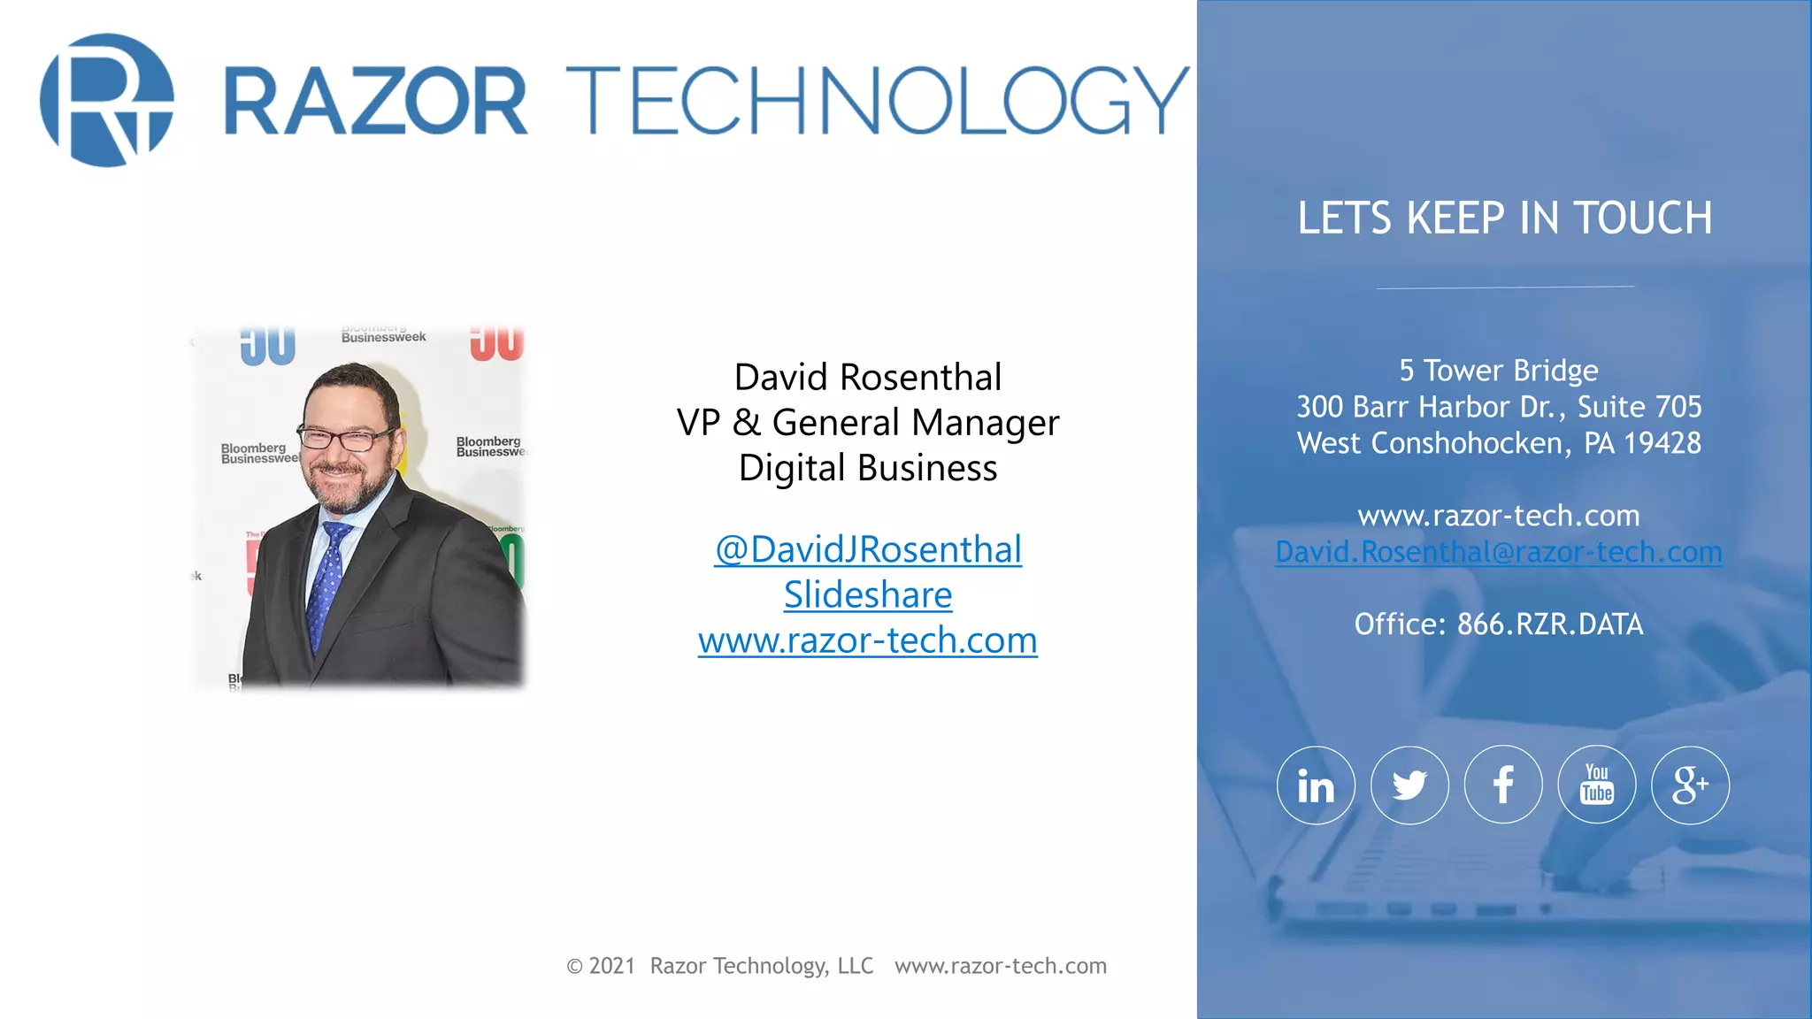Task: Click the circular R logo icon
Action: click(107, 100)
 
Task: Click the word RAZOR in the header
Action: click(376, 101)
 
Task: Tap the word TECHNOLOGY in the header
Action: click(876, 101)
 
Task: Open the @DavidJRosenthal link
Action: click(868, 549)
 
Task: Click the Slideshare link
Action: click(868, 595)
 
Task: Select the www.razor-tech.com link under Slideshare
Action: click(868, 640)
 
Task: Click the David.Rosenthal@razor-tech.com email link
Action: click(1498, 552)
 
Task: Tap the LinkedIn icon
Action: click(1316, 785)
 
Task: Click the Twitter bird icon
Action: click(1409, 785)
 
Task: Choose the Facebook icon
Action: click(1503, 785)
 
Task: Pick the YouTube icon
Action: click(1597, 785)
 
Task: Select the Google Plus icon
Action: click(1690, 785)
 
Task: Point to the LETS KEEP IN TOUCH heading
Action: click(1504, 218)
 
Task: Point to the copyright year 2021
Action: click(612, 966)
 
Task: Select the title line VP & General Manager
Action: click(868, 423)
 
